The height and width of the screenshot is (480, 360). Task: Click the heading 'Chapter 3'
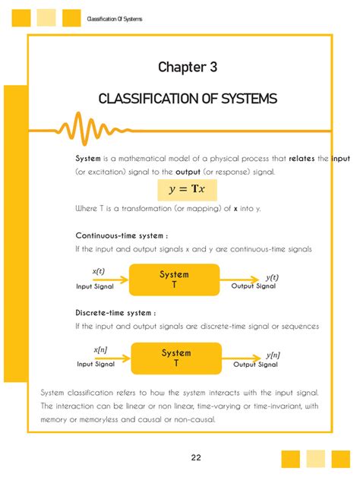pyautogui.click(x=187, y=68)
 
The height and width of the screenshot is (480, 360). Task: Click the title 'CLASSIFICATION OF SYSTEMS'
pyautogui.click(x=188, y=99)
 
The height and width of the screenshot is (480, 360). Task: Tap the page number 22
pyautogui.click(x=196, y=457)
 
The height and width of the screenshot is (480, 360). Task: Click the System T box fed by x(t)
pyautogui.click(x=174, y=279)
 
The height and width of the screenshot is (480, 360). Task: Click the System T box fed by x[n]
pyautogui.click(x=175, y=358)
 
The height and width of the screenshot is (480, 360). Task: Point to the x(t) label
pyautogui.click(x=99, y=271)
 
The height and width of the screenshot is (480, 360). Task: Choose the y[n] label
pyautogui.click(x=273, y=355)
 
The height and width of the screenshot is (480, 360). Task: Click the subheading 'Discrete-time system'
pyautogui.click(x=115, y=313)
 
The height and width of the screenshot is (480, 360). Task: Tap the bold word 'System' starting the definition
pyautogui.click(x=88, y=159)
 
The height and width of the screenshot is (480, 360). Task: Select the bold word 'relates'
pyautogui.click(x=302, y=159)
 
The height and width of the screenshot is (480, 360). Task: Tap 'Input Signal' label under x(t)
pyautogui.click(x=94, y=287)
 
